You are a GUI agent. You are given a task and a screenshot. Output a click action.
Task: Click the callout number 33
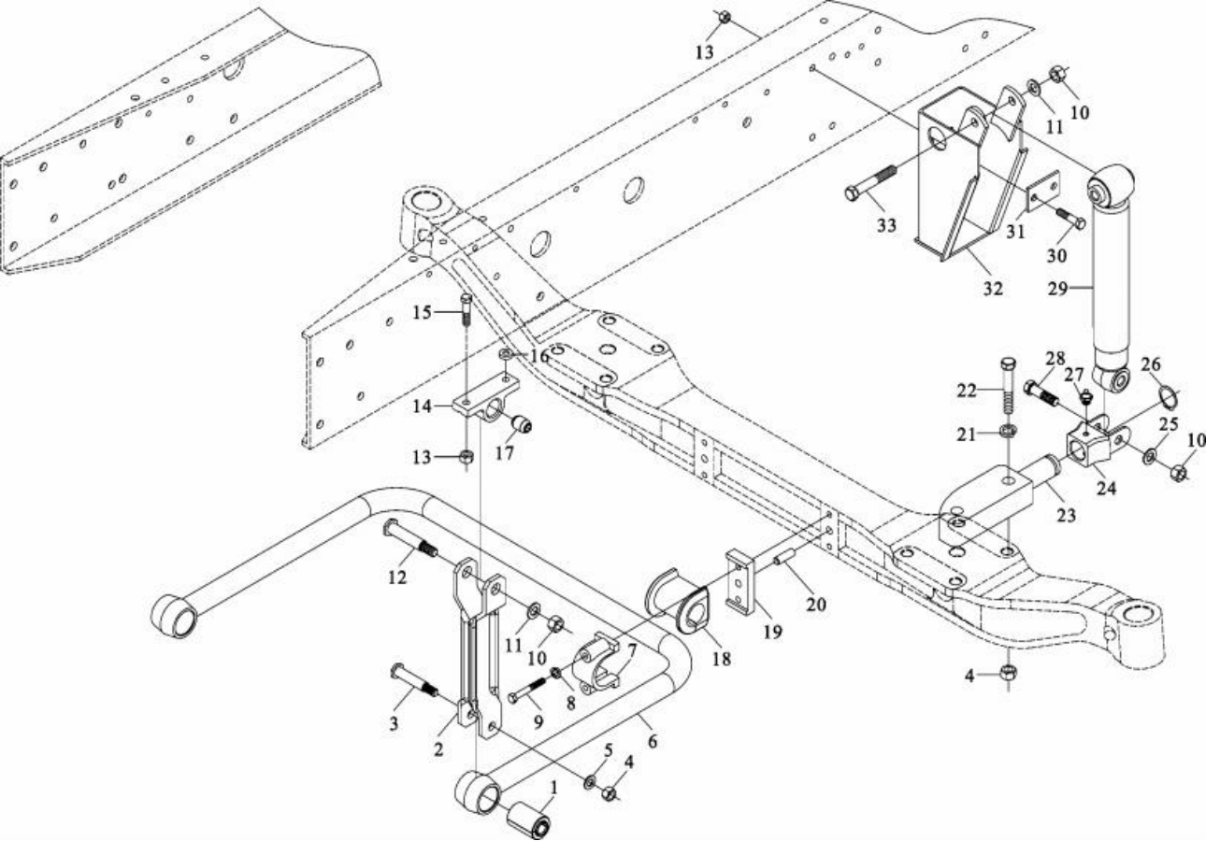pos(885,225)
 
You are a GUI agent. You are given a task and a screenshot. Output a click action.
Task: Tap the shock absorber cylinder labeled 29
pos(1111,280)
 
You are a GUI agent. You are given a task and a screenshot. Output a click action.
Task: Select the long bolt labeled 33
pos(870,183)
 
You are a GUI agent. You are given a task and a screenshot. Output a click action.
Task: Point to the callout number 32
pos(992,289)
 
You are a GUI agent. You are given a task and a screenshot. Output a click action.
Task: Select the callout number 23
pos(1066,515)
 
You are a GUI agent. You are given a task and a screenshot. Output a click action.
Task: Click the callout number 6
pos(652,741)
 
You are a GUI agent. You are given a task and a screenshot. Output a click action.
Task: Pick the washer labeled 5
pos(590,780)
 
